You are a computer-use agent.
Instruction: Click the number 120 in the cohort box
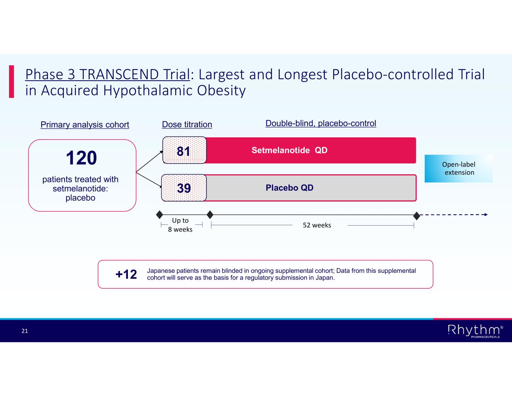(81, 158)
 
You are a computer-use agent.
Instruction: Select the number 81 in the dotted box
(183, 151)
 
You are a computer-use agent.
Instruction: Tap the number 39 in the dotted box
(184, 188)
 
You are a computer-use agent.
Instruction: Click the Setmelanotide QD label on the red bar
(290, 150)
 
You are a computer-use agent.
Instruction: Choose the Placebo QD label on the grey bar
(290, 188)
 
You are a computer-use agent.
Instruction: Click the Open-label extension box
(458, 168)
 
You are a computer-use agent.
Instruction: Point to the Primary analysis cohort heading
(85, 125)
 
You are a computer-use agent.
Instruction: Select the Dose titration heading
(187, 124)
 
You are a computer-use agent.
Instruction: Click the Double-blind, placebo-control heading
(321, 123)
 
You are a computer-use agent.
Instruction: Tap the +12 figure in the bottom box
(126, 274)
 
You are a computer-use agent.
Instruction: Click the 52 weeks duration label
(317, 225)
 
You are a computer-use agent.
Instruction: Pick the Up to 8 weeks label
(180, 225)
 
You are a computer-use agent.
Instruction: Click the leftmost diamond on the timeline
(159, 214)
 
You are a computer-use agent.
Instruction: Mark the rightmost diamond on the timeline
(417, 216)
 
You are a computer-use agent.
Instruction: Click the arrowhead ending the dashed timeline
(486, 214)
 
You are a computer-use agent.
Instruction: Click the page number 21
(25, 331)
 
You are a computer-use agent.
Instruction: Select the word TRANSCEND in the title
(119, 74)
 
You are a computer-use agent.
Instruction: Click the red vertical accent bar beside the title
(11, 81)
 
